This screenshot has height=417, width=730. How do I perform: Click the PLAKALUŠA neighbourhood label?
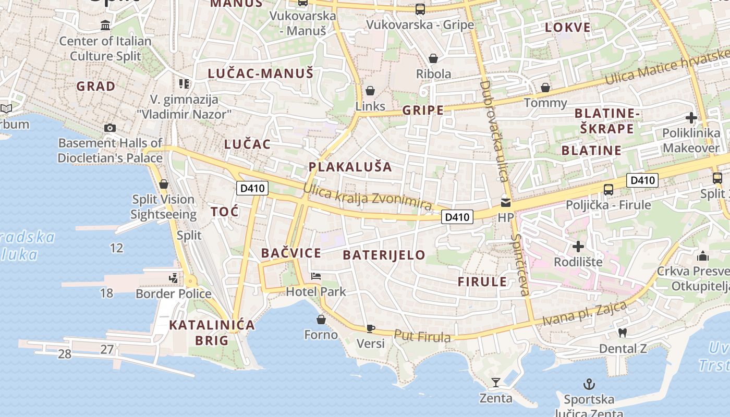350,167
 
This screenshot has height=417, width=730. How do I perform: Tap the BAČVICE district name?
291,253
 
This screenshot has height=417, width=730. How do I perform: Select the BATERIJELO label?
384,255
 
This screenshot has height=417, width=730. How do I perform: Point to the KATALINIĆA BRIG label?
212,333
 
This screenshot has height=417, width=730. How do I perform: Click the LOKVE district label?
568,28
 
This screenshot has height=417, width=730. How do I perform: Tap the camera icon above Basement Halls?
110,128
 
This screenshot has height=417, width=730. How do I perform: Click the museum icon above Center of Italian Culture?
105,25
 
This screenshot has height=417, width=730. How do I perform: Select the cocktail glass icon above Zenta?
495,383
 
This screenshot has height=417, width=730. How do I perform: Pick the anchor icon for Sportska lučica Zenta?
589,385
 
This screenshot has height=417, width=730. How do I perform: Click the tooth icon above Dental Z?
622,333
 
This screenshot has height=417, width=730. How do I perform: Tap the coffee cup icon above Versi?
370,328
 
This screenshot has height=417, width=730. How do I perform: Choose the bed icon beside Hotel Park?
316,276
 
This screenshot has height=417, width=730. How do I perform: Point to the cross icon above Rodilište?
578,246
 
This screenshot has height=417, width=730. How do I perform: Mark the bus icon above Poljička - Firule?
608,189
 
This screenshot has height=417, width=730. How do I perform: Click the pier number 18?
106,293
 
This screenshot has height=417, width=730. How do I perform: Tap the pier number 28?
65,354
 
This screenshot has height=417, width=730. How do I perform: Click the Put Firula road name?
422,337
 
